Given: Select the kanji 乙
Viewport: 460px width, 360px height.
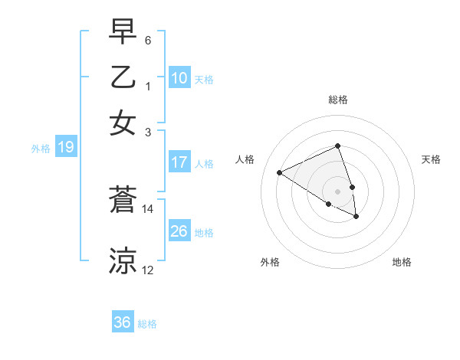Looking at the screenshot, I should pos(123,78).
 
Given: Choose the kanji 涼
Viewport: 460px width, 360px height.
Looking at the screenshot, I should pos(123,260).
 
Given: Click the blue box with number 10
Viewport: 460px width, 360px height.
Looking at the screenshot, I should pos(179,78).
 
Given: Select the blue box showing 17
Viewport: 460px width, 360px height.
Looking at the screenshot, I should pos(179,162).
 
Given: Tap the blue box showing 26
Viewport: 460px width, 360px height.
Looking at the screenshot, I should pos(179,231).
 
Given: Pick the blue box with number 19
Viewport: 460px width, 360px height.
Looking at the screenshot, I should pos(65,147).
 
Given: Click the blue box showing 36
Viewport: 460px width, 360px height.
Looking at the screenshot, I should pos(122,322).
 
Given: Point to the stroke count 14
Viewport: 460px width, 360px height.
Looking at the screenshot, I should pos(148,208).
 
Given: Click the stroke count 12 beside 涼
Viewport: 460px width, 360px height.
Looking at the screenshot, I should pos(148,270).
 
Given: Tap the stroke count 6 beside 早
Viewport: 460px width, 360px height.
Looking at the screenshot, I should pos(148,39).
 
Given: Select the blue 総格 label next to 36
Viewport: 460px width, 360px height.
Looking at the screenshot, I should pos(147,324).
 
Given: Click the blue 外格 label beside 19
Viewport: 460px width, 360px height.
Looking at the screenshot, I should pos(40,149).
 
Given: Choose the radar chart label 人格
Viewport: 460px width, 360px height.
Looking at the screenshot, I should pos(245,159).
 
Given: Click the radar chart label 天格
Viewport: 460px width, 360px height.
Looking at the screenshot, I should pos(432,159).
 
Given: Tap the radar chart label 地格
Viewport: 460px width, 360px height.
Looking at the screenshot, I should pos(402,262).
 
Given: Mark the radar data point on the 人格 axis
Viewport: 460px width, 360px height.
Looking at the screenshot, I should pos(279,172).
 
